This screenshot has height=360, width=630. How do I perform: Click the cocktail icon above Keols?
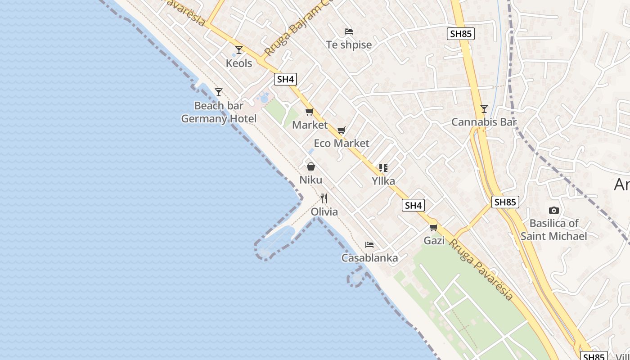pyautogui.click(x=239, y=49)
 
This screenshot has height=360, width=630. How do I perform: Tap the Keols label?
pyautogui.click(x=239, y=63)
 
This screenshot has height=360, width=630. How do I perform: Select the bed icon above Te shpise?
pyautogui.click(x=348, y=31)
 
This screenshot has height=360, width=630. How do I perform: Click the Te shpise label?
pyautogui.click(x=349, y=45)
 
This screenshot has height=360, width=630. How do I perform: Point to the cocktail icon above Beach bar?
pyautogui.click(x=219, y=92)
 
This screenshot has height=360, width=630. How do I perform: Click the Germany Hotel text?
pyautogui.click(x=219, y=119)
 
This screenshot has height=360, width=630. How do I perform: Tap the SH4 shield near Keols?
pyautogui.click(x=285, y=80)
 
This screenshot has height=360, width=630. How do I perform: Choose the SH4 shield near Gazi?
pyautogui.click(x=413, y=206)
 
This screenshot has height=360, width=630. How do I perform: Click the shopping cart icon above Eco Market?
pyautogui.click(x=342, y=130)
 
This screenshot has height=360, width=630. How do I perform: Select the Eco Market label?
pyautogui.click(x=342, y=143)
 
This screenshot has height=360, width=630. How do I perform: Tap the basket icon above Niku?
pyautogui.click(x=311, y=166)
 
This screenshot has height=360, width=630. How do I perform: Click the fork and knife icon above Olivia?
pyautogui.click(x=324, y=198)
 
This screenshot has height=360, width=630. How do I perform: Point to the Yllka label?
pyautogui.click(x=383, y=181)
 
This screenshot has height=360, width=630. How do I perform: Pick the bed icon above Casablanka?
pyautogui.click(x=369, y=245)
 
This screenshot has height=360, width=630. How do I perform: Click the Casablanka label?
pyautogui.click(x=369, y=258)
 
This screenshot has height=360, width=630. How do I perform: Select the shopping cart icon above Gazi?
pyautogui.click(x=434, y=228)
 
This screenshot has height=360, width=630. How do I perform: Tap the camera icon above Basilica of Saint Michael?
pyautogui.click(x=554, y=210)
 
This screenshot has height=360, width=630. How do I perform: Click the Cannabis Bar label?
pyautogui.click(x=484, y=122)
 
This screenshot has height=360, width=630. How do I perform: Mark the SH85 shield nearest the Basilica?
pyautogui.click(x=505, y=202)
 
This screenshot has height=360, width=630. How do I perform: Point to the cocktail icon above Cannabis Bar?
pyautogui.click(x=484, y=108)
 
